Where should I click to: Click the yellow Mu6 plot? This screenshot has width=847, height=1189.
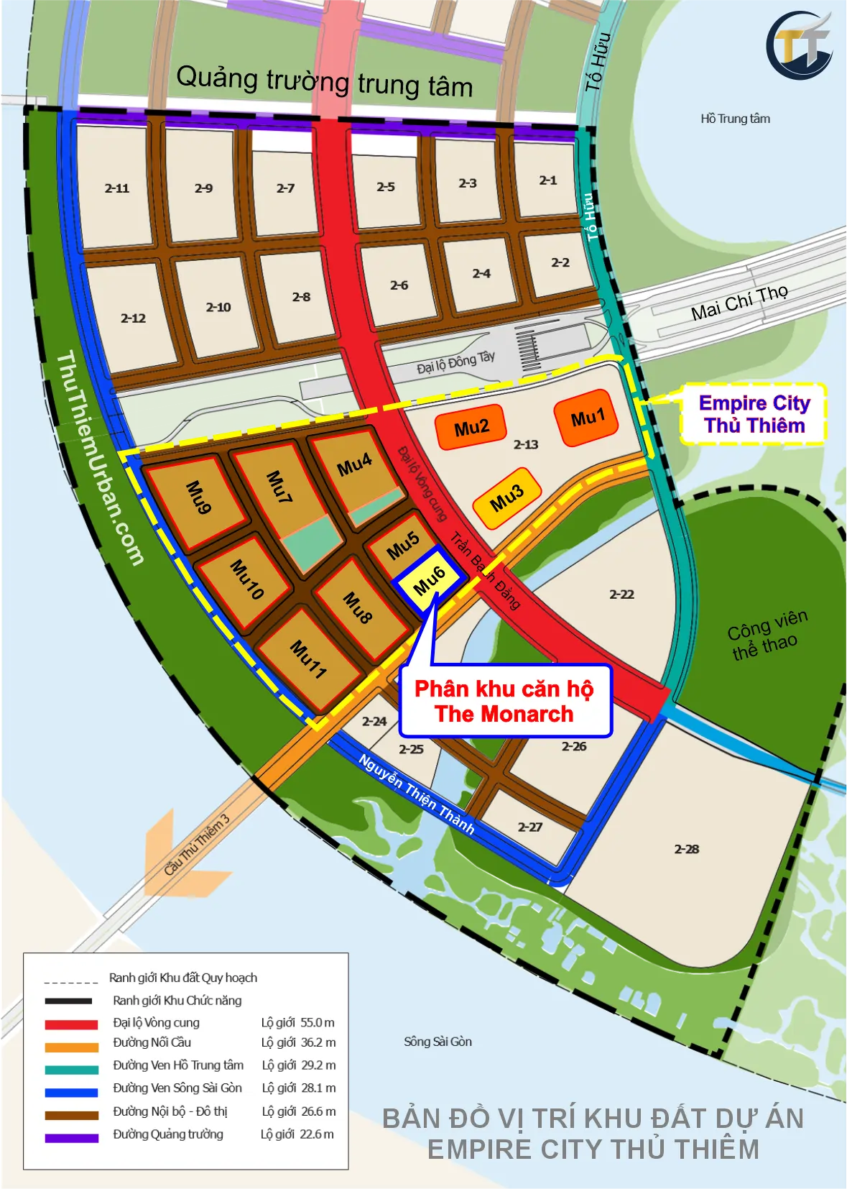point(430,579)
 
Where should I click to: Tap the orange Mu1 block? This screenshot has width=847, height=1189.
point(587,418)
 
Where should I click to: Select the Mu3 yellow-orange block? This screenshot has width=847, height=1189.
point(506,497)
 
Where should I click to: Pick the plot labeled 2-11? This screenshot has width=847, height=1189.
point(117,188)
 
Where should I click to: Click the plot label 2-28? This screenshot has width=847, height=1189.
point(686,849)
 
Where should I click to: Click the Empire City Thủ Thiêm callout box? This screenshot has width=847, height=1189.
point(754,414)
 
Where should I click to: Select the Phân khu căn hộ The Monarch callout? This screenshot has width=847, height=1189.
point(504,702)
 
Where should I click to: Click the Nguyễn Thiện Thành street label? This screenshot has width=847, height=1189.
point(416,794)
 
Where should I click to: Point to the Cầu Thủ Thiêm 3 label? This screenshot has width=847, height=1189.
point(197,844)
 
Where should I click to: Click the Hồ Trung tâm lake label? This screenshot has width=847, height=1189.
point(735,119)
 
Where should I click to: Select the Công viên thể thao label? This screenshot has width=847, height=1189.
point(766,635)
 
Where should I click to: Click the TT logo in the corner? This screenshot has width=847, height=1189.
point(800,45)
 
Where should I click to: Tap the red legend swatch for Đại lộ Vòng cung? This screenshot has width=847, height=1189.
point(71,1024)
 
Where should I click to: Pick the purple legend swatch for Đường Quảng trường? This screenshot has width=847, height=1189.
point(71,1137)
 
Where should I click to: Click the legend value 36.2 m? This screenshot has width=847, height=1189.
point(318,1042)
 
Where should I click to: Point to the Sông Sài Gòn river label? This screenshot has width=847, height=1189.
point(438,1042)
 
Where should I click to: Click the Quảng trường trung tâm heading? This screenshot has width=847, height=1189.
point(324,81)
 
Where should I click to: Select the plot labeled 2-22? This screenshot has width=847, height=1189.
point(621,594)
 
